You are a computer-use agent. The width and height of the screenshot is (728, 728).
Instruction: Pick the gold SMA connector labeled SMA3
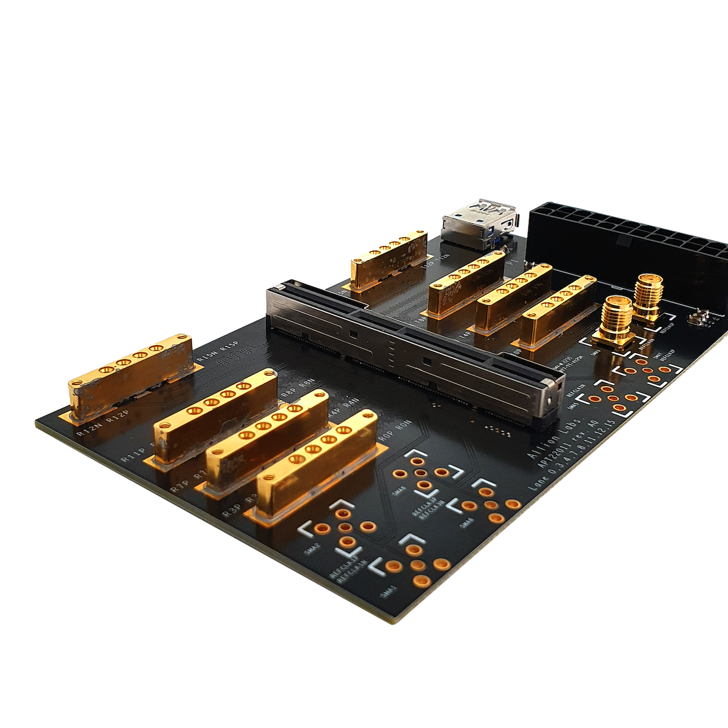[x=614, y=322]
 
